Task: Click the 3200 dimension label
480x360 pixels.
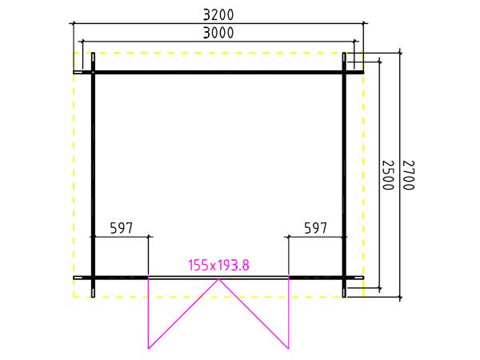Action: (x=218, y=14)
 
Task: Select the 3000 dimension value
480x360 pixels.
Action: (x=218, y=33)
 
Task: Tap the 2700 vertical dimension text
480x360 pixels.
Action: (x=408, y=175)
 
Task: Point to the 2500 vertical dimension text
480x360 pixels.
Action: (x=388, y=175)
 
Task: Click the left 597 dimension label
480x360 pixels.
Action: (x=122, y=228)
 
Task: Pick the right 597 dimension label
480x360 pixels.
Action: (x=316, y=228)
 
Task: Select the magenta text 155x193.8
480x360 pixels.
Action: (x=218, y=265)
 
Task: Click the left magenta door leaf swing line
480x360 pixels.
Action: (x=183, y=314)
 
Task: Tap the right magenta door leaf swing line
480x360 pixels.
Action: (x=254, y=314)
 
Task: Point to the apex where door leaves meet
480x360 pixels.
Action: (x=218, y=279)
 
